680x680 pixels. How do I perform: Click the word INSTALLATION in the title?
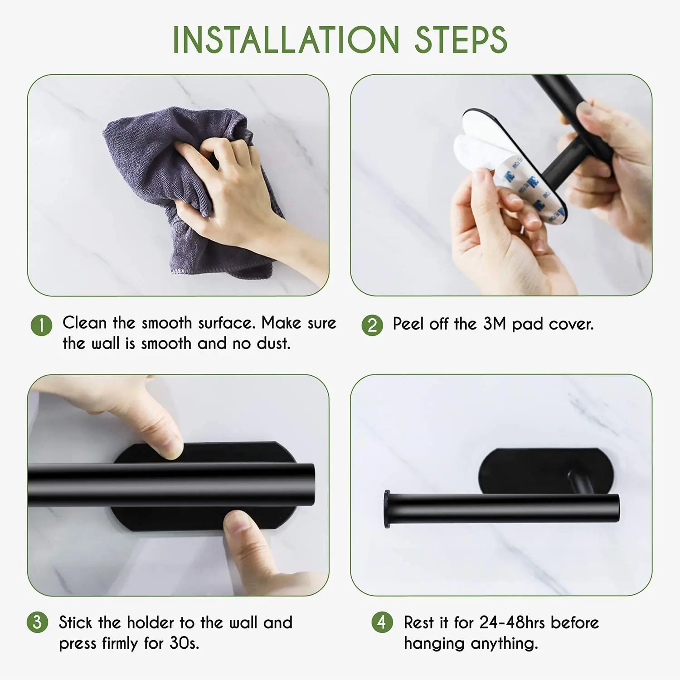[x=286, y=40]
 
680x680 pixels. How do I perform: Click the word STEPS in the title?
[x=461, y=40]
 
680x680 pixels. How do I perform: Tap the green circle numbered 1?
[x=41, y=325]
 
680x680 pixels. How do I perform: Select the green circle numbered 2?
[x=372, y=325]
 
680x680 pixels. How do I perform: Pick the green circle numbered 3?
[x=37, y=622]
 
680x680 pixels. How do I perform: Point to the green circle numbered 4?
[x=382, y=622]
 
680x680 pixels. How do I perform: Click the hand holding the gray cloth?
[x=240, y=199]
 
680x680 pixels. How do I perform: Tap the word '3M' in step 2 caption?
[x=494, y=324]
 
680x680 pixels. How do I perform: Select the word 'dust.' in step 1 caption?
[x=273, y=344]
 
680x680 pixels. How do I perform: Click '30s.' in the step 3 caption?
[x=185, y=643]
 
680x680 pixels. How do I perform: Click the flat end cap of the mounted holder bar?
[x=387, y=509]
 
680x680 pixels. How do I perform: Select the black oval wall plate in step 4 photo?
[x=544, y=471]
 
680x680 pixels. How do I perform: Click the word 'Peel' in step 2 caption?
[x=408, y=324]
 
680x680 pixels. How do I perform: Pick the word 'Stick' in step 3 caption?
[x=76, y=622]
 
